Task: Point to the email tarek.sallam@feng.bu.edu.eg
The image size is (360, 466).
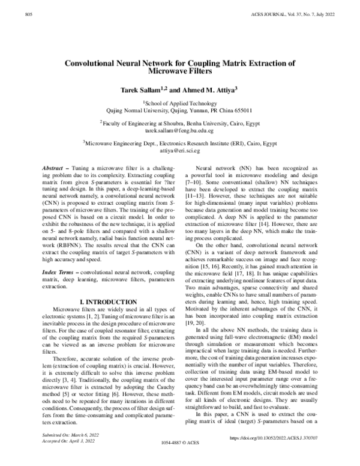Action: click(179, 130)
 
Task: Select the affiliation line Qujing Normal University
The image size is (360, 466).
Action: click(179, 110)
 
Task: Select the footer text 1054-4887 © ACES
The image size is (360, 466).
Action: click(180, 459)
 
